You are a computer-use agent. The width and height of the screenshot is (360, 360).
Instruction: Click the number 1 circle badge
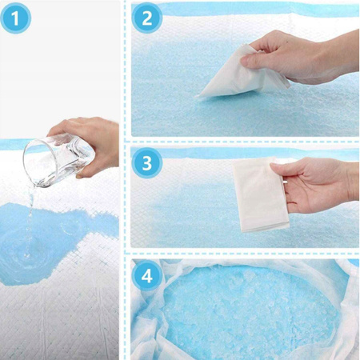click(15, 18)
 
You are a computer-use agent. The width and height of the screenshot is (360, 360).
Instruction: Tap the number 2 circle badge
click(147, 18)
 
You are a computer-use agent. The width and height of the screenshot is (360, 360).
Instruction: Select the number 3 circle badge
click(147, 163)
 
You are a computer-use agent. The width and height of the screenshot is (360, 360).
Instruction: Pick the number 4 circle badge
click(147, 276)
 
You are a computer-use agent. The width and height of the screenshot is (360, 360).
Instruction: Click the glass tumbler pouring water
click(58, 160)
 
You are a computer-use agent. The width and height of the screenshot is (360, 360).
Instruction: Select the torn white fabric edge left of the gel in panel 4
click(146, 320)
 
